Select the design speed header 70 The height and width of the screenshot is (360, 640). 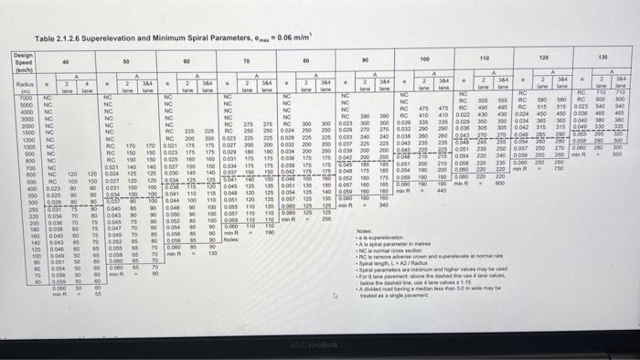(247, 61)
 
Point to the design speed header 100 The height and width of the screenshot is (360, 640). (424, 58)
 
